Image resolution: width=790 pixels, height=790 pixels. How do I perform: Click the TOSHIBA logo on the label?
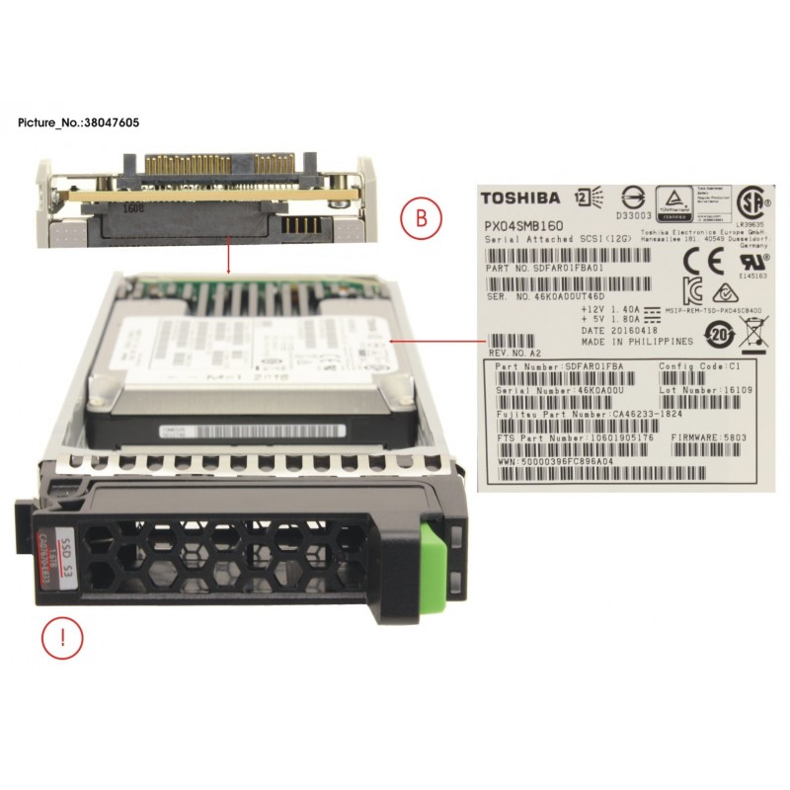click(x=520, y=197)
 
